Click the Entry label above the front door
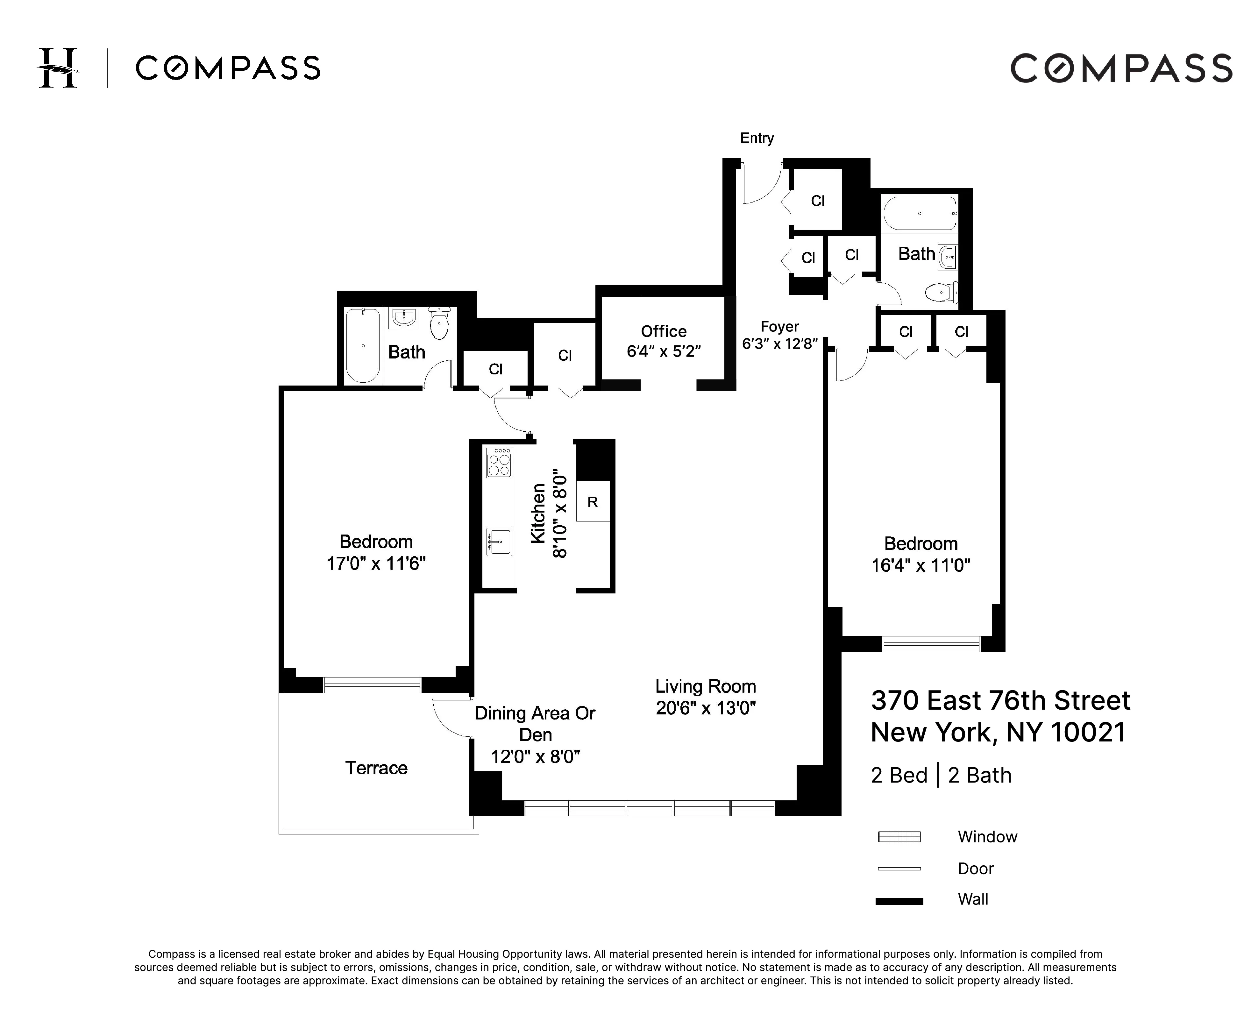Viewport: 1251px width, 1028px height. click(757, 138)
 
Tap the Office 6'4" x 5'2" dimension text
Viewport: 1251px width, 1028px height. click(664, 351)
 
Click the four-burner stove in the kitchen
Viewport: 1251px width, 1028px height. click(498, 463)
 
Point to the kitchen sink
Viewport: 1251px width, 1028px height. click(499, 541)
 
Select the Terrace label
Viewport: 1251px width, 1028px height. click(376, 768)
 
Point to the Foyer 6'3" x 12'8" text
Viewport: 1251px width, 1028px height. click(779, 335)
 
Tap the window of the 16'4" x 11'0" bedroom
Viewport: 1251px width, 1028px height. click(931, 644)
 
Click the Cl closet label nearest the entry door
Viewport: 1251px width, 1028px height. click(817, 201)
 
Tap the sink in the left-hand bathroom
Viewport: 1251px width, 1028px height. click(403, 318)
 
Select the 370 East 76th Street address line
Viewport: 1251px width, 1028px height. click(1000, 700)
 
